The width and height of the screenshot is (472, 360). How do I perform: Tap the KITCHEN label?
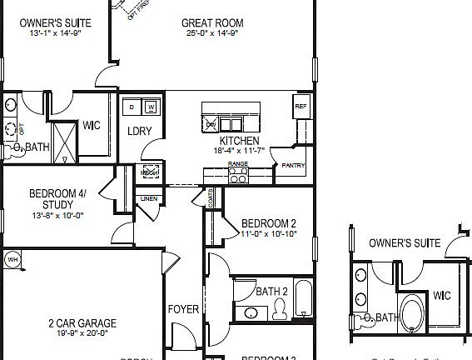[x=239, y=141]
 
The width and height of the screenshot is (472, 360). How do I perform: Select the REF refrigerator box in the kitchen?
[x=301, y=106]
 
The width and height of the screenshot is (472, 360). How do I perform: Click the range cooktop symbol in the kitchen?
[x=238, y=173]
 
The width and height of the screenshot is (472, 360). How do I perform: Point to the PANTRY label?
[x=293, y=165]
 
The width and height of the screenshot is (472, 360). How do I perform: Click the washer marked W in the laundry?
[x=151, y=107]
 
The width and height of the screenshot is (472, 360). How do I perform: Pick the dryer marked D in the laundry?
[x=132, y=107]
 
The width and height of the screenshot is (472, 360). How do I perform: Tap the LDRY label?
[x=138, y=131]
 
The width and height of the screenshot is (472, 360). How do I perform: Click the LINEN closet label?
[x=149, y=199]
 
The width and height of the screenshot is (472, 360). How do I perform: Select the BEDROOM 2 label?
[x=269, y=223]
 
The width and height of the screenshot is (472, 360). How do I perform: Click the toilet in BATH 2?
[x=280, y=310]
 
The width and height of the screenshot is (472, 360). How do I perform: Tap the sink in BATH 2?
[x=251, y=312]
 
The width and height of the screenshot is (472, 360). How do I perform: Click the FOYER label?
[x=184, y=309]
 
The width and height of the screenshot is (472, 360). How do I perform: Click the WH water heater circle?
[x=12, y=259]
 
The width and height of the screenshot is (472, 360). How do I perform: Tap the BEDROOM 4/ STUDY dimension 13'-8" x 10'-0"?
[x=57, y=215]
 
